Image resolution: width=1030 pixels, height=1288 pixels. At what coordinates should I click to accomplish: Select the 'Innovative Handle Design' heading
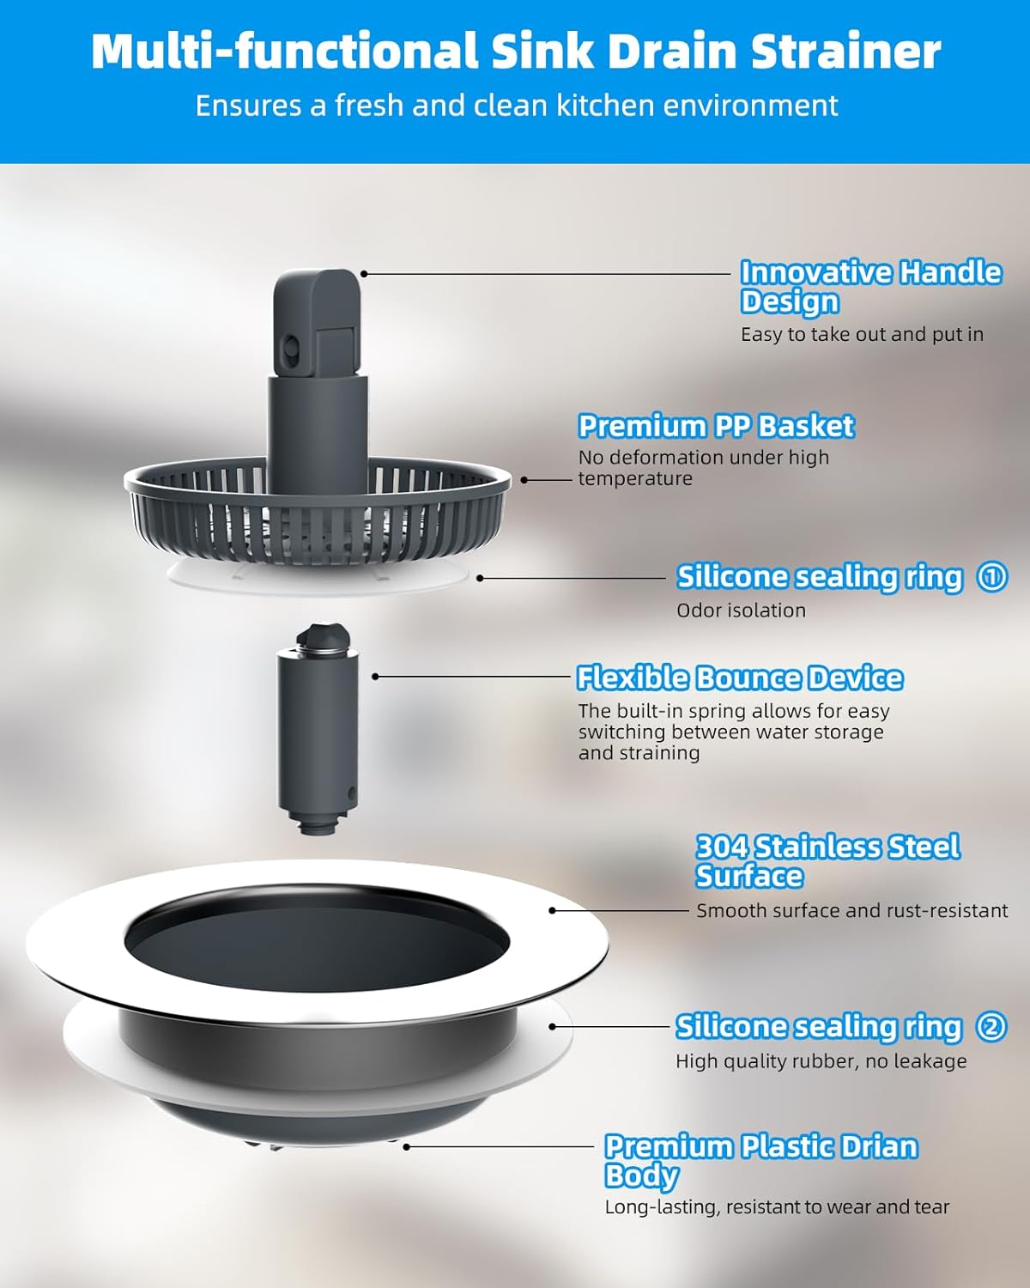click(x=869, y=287)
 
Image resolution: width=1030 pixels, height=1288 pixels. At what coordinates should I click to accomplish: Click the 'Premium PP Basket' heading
click(x=716, y=426)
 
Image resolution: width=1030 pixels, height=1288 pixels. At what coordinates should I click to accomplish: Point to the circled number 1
click(x=992, y=576)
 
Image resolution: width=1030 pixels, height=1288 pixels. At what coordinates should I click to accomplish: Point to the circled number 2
click(x=991, y=1026)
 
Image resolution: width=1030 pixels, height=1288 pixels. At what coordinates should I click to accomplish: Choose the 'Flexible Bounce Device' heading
click(x=739, y=678)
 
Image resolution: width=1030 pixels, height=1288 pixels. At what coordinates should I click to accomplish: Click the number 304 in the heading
click(x=722, y=848)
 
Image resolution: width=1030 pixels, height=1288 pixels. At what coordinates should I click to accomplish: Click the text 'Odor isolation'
click(x=741, y=611)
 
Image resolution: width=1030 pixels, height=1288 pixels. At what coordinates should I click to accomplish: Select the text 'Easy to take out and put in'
click(x=862, y=334)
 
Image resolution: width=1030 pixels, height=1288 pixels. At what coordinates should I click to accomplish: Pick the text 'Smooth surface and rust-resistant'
click(x=851, y=910)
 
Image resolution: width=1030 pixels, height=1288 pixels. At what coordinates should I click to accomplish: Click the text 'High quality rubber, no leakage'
click(x=821, y=1061)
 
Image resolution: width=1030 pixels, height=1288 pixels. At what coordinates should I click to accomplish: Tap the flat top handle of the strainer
click(x=315, y=318)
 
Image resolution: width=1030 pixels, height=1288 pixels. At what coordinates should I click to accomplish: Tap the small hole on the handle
click(x=290, y=349)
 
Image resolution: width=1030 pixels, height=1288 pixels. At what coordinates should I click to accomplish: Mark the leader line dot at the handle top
click(x=364, y=274)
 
